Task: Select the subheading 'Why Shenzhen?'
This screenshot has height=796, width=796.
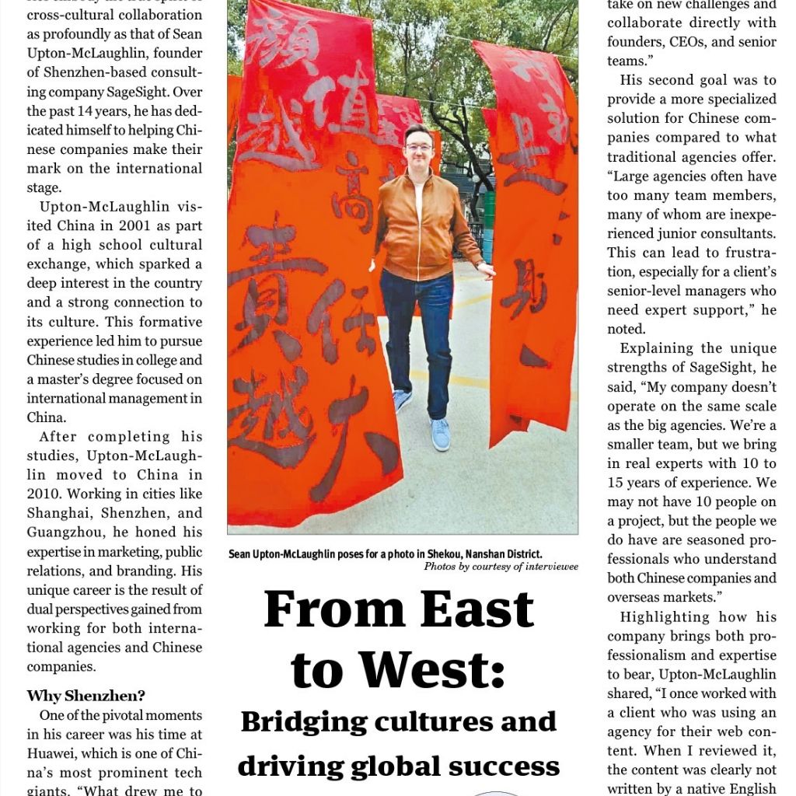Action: click(86, 696)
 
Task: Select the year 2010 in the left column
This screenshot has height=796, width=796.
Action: click(45, 494)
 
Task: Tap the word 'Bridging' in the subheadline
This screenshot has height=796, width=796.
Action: click(304, 722)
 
